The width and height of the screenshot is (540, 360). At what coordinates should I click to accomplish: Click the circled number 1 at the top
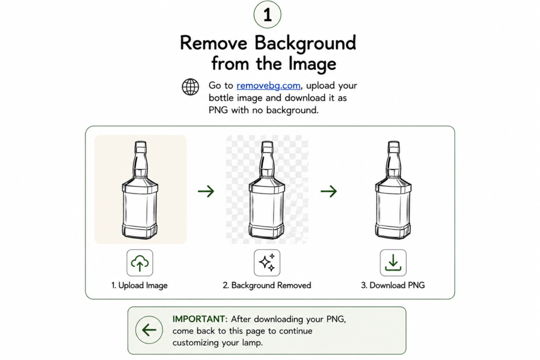click(x=267, y=14)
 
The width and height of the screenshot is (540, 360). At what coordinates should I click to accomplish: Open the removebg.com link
click(x=268, y=85)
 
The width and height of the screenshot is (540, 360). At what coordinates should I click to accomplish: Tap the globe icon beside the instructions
click(x=190, y=87)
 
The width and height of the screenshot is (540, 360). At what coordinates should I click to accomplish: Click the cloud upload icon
click(x=139, y=263)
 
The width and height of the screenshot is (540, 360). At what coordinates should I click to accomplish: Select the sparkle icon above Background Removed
click(x=267, y=263)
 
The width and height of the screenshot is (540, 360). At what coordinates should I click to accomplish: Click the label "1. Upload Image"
click(x=139, y=285)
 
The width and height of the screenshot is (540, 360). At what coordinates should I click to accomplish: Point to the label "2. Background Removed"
click(x=267, y=285)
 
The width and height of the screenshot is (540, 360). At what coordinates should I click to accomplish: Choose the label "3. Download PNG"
click(x=393, y=285)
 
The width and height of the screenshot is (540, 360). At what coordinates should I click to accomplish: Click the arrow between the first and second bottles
click(x=206, y=191)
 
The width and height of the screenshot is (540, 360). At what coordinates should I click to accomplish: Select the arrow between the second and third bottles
click(x=329, y=191)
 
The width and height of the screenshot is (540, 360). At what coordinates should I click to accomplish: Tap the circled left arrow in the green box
click(x=149, y=330)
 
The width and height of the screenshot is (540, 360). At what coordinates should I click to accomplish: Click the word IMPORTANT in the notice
click(x=200, y=319)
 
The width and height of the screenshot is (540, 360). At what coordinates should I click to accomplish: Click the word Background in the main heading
click(x=305, y=43)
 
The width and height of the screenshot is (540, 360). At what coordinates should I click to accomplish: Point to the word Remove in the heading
click(x=214, y=43)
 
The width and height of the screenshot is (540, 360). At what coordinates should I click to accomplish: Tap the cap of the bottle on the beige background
click(x=140, y=147)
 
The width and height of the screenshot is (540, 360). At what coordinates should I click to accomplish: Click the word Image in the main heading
click(x=312, y=64)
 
